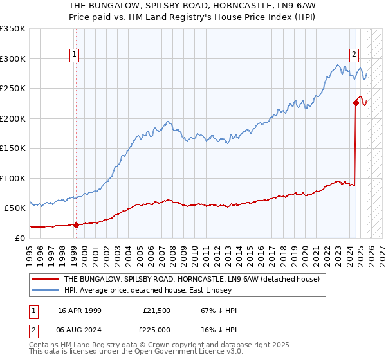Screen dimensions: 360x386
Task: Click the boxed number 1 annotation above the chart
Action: tap(75, 55)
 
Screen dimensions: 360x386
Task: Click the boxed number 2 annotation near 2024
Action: tap(354, 55)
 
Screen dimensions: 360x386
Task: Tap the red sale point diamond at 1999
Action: tap(76, 225)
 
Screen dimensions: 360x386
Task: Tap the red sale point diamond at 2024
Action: tap(356, 102)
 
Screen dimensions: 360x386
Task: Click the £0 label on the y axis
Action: tap(19, 238)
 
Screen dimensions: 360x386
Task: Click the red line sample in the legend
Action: tap(46, 280)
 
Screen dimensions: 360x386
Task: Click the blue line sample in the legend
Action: tap(46, 291)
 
